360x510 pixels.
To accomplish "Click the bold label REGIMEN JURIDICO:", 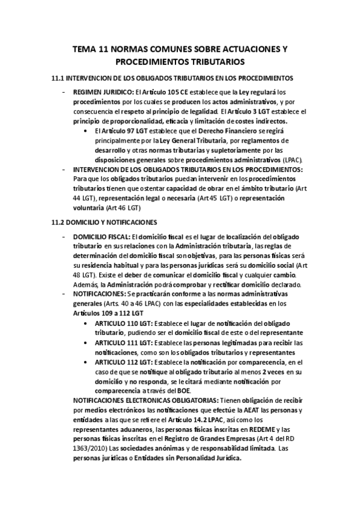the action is click(x=103, y=93).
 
